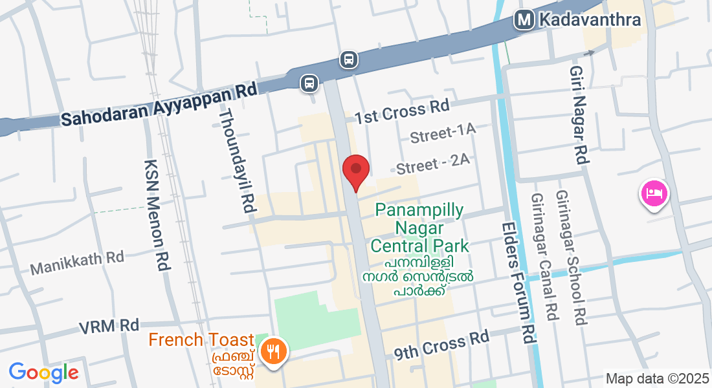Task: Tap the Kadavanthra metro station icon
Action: (x=524, y=20)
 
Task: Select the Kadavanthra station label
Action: (x=588, y=20)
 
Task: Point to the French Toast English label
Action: (x=201, y=339)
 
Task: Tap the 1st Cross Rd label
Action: (x=403, y=113)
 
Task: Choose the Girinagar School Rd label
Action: (x=570, y=257)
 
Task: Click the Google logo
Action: (x=43, y=372)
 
